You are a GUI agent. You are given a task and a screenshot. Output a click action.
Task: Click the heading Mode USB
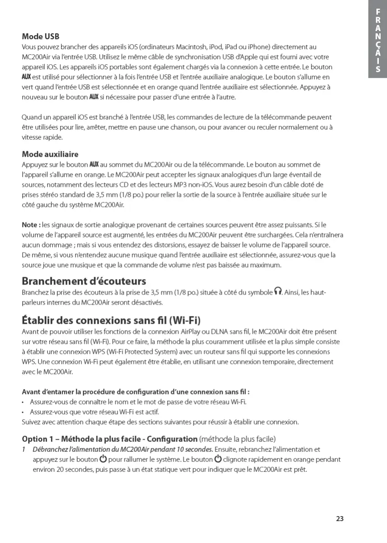(x=41, y=36)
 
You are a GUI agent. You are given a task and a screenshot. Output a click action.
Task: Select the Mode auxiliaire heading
(x=50, y=154)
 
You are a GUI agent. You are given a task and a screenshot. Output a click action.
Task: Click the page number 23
(x=340, y=518)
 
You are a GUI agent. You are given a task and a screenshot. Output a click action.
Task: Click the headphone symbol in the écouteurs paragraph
(x=278, y=292)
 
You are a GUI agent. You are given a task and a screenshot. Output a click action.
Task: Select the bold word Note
(x=31, y=225)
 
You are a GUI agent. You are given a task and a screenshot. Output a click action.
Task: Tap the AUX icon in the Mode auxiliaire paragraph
(x=94, y=164)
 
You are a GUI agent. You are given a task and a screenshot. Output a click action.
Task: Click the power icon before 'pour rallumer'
(x=103, y=459)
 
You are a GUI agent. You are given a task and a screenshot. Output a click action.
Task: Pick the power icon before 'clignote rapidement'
(x=218, y=459)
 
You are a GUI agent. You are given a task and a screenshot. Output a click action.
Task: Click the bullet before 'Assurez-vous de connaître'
(x=24, y=402)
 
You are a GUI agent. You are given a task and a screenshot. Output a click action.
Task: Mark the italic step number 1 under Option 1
(x=24, y=450)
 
